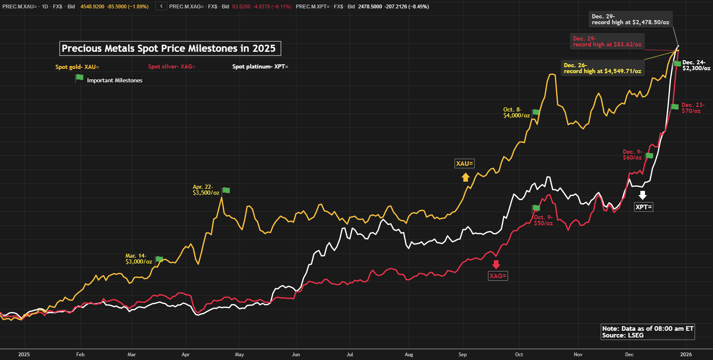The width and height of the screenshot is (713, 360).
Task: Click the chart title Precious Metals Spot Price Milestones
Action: (170, 48)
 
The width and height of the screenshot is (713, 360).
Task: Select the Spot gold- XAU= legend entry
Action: (77, 67)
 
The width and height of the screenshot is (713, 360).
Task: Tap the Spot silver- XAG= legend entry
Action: (172, 67)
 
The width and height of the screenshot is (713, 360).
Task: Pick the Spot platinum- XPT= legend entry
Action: (260, 67)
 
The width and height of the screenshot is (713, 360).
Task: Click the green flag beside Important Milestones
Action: (79, 78)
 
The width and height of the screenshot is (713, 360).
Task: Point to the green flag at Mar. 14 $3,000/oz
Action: (159, 259)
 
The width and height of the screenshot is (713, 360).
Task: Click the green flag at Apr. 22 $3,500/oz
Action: (226, 190)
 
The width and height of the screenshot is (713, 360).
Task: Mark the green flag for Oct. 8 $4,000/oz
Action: (536, 112)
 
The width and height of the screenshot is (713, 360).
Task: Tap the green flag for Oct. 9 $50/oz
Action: (536, 208)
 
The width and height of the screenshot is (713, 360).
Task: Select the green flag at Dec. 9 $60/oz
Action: (649, 156)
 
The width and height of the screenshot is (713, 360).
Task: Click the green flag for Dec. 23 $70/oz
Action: (675, 107)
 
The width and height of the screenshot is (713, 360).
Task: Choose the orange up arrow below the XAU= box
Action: (465, 177)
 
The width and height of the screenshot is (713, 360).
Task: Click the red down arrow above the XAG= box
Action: (496, 264)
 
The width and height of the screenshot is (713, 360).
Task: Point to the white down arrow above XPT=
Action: (643, 195)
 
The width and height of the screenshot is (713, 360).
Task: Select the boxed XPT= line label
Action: (643, 207)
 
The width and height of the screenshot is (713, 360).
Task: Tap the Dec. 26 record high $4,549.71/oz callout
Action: (602, 68)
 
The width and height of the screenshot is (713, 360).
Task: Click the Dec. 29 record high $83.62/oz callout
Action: (607, 41)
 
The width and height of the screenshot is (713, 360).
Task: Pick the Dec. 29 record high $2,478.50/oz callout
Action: (630, 19)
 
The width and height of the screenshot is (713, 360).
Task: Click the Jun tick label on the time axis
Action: (296, 355)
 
